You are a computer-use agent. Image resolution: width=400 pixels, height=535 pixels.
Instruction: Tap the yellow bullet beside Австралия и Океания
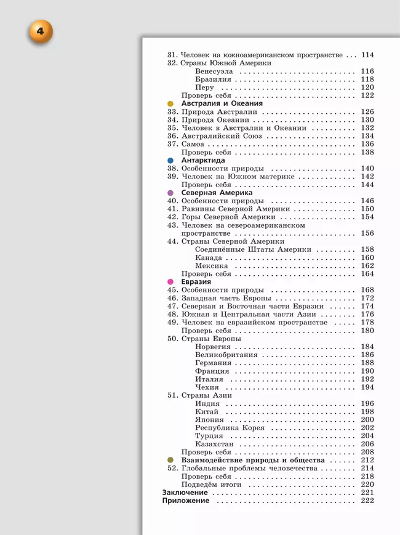170,104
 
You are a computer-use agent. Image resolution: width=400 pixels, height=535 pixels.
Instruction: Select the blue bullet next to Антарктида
170,161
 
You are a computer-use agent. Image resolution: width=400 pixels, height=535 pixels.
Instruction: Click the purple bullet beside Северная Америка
170,193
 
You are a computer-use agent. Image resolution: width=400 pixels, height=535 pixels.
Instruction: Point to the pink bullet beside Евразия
170,282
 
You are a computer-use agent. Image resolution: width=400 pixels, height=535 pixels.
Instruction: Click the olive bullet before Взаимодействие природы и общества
170,461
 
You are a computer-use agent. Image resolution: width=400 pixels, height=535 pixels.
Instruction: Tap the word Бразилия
213,79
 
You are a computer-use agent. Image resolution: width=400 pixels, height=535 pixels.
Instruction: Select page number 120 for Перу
367,87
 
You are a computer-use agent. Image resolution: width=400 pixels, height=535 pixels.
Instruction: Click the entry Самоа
193,144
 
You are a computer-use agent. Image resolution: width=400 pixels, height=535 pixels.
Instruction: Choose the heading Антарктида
202,160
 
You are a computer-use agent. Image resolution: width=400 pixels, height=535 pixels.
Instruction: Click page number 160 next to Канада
367,257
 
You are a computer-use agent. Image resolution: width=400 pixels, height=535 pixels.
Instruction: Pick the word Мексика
212,266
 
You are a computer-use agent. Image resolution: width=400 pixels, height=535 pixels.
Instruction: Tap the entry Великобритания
226,355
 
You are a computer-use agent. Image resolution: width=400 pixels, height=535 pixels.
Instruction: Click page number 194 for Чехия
367,387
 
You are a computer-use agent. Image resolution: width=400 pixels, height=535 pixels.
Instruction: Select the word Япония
210,420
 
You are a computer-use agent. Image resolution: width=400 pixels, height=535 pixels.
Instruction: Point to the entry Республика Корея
230,428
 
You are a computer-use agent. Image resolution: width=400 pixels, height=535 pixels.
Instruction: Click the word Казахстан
215,444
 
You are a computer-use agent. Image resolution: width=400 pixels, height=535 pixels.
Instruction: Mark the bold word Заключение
185,493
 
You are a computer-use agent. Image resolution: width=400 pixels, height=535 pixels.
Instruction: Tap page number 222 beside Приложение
367,501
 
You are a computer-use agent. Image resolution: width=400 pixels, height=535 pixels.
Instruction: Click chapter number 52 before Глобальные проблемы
172,469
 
